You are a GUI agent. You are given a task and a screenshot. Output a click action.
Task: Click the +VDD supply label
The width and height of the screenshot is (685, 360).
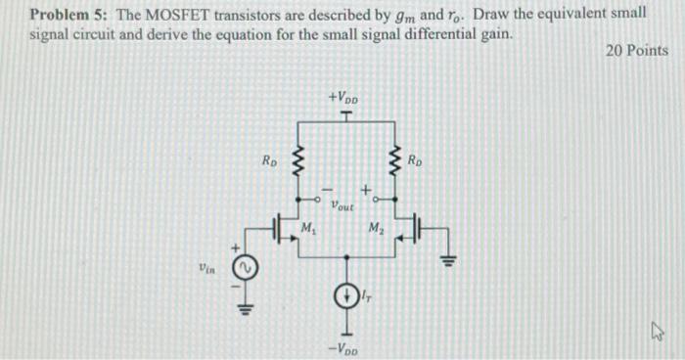tap(343, 98)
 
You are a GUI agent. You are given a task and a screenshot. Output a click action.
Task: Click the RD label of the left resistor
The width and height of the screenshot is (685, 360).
tap(269, 157)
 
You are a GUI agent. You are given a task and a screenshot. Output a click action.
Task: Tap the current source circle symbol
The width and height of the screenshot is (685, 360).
tap(344, 293)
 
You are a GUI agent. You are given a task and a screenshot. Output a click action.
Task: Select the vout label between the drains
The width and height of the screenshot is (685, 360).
tap(342, 206)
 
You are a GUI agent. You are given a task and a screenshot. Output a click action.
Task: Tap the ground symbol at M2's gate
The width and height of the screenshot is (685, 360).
tap(449, 259)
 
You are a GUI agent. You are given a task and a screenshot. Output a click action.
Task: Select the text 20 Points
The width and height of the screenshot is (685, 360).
tap(638, 51)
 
